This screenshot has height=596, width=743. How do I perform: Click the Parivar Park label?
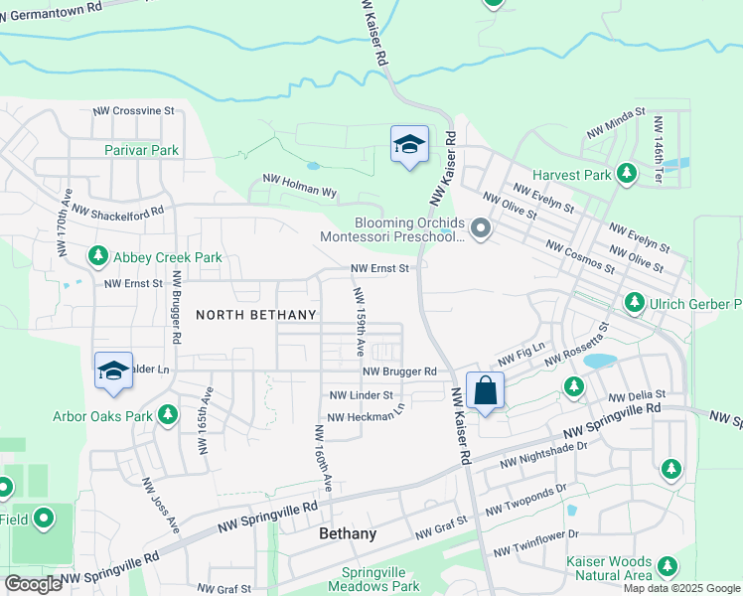click(141, 150)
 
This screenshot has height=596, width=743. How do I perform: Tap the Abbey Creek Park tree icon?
click(98, 257)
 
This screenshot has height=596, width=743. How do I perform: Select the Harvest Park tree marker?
click(627, 175)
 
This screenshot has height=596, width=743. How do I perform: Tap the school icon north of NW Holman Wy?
click(409, 145)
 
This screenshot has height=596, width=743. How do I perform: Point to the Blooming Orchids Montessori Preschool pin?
click(482, 230)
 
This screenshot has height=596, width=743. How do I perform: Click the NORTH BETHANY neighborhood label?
click(256, 315)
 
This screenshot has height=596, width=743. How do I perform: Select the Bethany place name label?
click(348, 533)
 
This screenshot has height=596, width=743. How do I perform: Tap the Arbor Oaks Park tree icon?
click(169, 414)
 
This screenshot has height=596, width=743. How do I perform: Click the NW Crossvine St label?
click(133, 111)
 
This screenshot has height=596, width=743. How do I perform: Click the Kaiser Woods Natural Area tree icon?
click(668, 567)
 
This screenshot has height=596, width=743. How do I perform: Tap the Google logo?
click(32, 584)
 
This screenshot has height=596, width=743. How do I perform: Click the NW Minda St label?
click(616, 123)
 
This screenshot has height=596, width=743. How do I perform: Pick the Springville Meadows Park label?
click(381, 579)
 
